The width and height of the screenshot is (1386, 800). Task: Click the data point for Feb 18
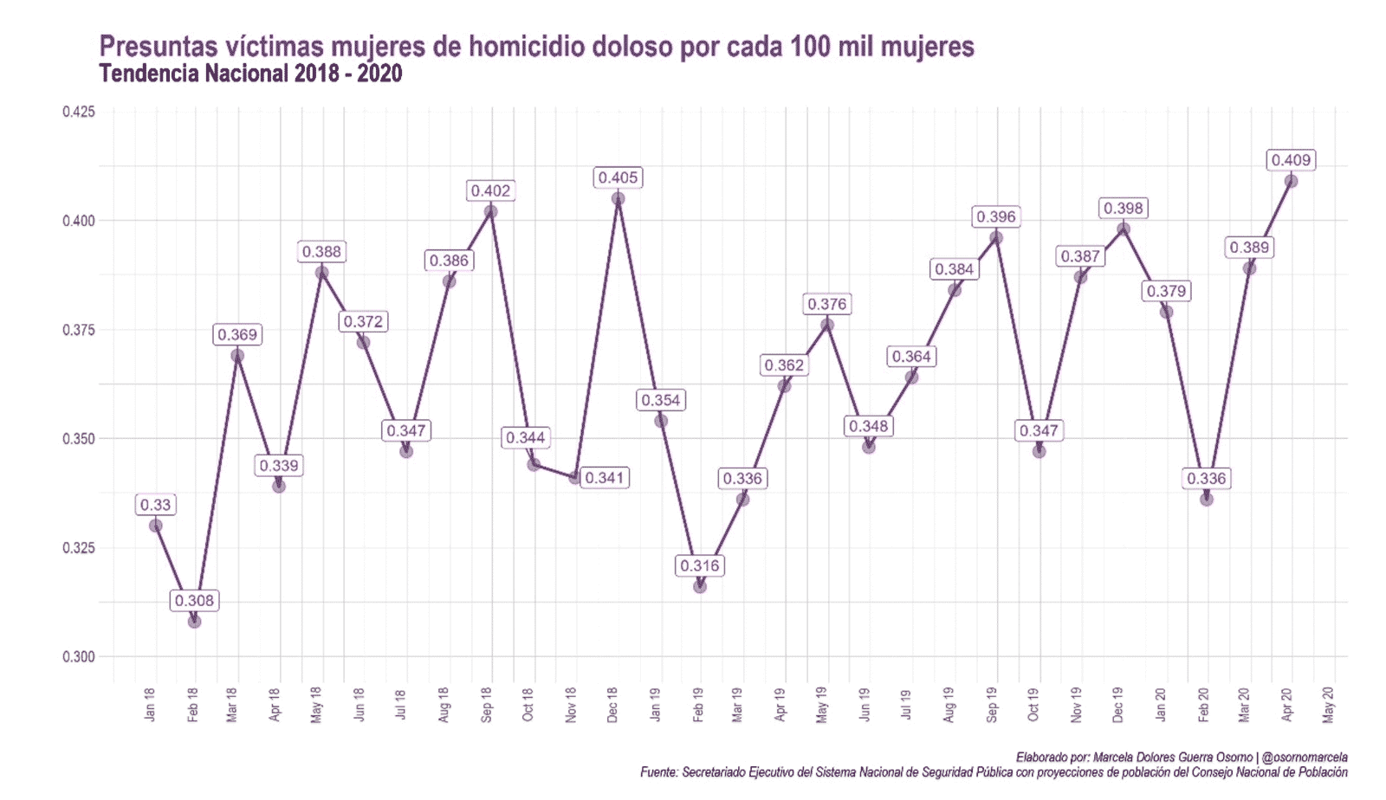point(194,621)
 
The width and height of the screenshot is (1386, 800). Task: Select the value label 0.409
point(1291,160)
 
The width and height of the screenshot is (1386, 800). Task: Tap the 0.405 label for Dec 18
point(618,177)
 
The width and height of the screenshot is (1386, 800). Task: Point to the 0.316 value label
point(699,565)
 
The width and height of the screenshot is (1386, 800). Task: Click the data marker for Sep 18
point(491,211)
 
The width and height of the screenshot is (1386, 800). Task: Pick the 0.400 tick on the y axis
point(78,221)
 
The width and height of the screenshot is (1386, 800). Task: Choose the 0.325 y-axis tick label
point(78,548)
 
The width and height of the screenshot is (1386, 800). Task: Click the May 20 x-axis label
point(1329,704)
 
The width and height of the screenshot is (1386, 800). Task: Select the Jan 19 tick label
point(656,704)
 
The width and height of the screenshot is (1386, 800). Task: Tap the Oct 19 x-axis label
point(1033,704)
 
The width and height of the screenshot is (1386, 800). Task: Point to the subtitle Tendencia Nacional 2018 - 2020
point(250,74)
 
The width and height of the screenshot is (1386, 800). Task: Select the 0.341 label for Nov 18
point(604,478)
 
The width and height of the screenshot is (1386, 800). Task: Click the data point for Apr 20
point(1291,181)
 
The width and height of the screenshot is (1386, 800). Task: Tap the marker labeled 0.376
point(827,325)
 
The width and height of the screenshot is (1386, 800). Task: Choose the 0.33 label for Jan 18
point(155,505)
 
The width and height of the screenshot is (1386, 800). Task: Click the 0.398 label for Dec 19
point(1124,208)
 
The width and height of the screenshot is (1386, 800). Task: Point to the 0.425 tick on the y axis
point(78,112)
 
